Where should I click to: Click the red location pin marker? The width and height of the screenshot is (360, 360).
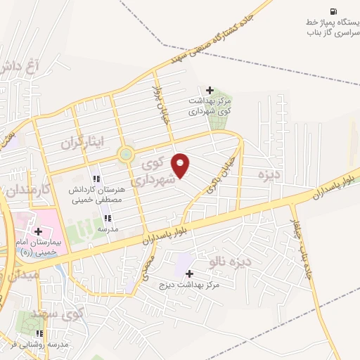181,165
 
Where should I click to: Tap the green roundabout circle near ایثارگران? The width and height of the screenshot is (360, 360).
126,155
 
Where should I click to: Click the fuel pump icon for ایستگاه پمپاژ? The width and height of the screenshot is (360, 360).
333,10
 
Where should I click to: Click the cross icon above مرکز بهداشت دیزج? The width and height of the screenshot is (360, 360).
189,272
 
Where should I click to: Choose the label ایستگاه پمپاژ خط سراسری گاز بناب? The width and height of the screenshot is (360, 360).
333,27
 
